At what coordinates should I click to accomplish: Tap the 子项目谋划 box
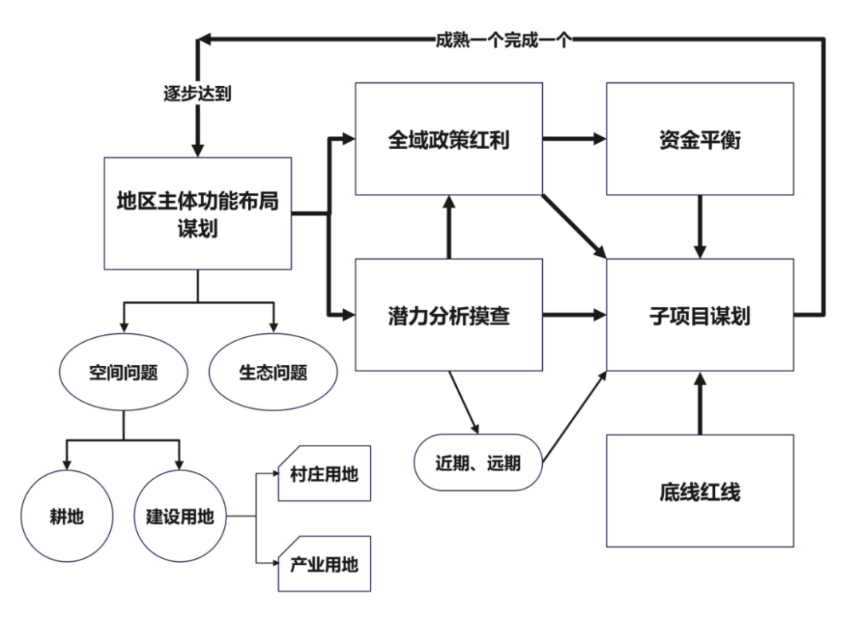(700, 315)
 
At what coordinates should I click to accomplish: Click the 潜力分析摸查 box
(448, 315)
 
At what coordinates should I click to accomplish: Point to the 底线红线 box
(700, 490)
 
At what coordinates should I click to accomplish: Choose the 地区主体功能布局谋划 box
(198, 213)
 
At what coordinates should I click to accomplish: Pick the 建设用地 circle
(179, 516)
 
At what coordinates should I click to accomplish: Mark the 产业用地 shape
(324, 565)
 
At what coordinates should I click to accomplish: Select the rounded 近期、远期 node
(478, 461)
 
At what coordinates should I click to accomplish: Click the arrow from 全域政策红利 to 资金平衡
(574, 139)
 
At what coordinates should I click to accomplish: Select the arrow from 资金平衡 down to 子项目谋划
(700, 226)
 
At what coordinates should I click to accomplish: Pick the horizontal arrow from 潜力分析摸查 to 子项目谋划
(574, 316)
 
